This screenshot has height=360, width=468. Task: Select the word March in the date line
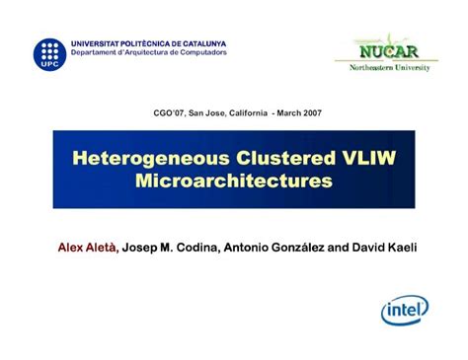click(281, 112)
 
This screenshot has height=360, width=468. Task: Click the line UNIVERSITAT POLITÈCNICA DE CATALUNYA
click(148, 43)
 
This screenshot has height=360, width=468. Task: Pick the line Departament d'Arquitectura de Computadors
click(148, 52)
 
